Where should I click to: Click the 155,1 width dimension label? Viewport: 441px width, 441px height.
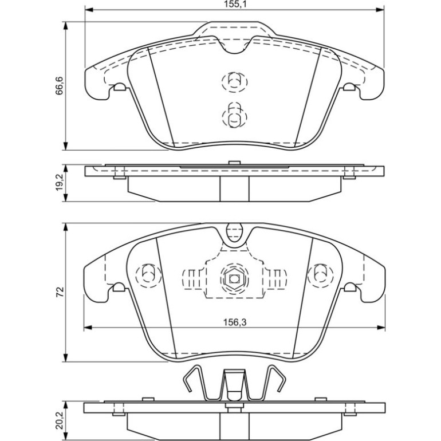(235, 4)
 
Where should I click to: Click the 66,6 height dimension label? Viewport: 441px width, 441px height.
(60, 85)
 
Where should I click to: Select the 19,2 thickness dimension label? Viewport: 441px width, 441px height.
(60, 182)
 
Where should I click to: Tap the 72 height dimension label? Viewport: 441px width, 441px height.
(60, 292)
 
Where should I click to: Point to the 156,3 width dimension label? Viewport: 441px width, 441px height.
(235, 322)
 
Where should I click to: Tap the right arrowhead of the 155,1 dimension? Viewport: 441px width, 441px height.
(380, 10)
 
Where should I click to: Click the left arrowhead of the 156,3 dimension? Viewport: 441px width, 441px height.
(88, 328)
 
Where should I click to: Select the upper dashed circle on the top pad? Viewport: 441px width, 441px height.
(234, 82)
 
